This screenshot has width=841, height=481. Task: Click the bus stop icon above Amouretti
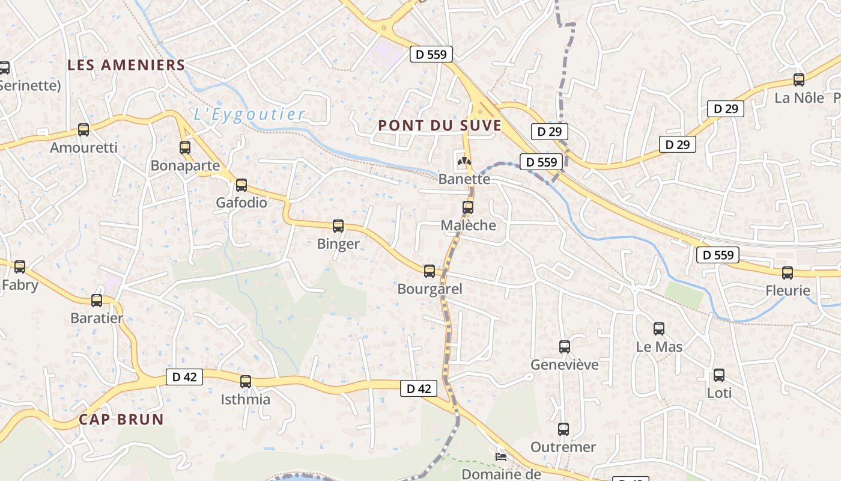coord(83,129)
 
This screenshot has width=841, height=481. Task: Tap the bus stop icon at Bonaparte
coord(185,147)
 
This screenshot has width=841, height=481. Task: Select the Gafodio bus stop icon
coord(241,185)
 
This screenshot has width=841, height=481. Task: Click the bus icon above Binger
coord(338,226)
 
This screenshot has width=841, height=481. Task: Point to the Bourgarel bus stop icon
coord(430,271)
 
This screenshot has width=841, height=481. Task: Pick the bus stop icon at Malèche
coord(468,207)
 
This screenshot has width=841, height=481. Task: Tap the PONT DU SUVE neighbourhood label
coord(440,126)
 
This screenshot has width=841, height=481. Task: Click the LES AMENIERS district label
coord(126,66)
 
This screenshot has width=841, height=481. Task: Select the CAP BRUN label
coord(121,420)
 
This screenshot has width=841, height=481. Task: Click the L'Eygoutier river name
coord(249,114)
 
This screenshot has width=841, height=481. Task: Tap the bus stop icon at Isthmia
coord(246,382)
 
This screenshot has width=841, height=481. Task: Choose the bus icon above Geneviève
coord(565,347)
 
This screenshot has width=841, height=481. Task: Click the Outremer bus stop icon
coord(563,429)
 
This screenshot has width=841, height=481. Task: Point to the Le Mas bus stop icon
coord(659,329)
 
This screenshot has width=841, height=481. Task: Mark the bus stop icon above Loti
coord(719,375)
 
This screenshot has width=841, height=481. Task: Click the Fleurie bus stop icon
coord(788,273)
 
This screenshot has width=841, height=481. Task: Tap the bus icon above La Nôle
coord(799,80)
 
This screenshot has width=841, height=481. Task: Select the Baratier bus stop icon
coord(97,301)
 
